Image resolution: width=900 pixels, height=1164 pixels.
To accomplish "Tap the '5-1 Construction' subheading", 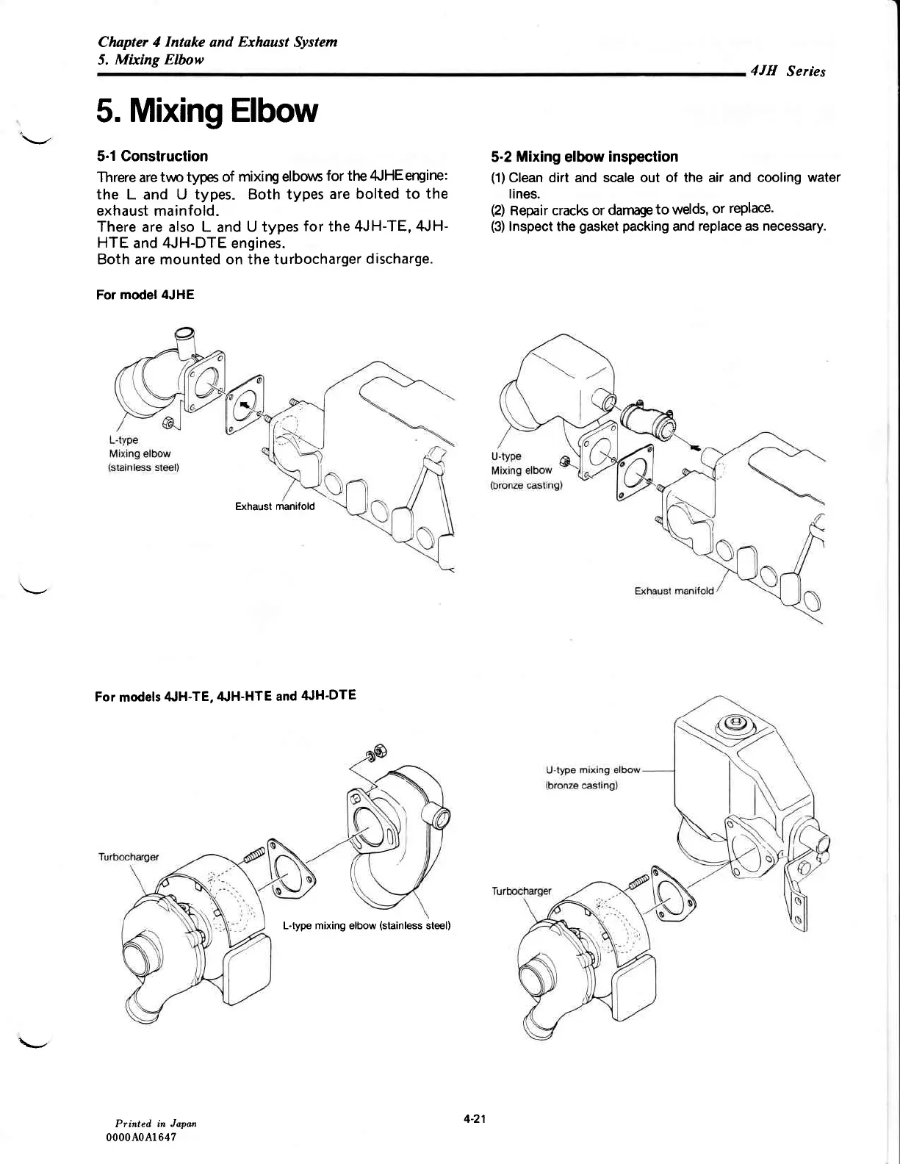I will tap(152, 156).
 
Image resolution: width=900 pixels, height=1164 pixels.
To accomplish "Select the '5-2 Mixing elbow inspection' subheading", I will tap(584, 157).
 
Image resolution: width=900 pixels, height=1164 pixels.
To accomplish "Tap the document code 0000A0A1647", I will tap(143, 1137).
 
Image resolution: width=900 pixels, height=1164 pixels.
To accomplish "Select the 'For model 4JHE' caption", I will tap(145, 295).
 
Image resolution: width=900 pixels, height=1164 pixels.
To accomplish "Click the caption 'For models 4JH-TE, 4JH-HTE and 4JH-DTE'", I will tap(226, 695).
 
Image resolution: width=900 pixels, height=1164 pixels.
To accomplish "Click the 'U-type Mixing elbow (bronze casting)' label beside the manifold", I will tap(525, 470).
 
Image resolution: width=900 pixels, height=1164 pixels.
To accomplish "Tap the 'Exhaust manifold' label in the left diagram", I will tap(274, 506).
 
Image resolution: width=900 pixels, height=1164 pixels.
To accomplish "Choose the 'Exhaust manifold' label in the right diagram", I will tap(673, 592).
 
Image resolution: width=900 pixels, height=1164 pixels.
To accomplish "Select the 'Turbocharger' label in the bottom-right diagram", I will tap(521, 891).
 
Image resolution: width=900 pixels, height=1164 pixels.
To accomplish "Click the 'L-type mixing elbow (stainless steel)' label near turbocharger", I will tap(366, 925).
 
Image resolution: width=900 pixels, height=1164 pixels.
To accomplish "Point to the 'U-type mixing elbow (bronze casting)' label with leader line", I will tap(593, 777).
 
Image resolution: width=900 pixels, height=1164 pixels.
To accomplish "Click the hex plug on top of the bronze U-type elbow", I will tap(733, 725).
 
